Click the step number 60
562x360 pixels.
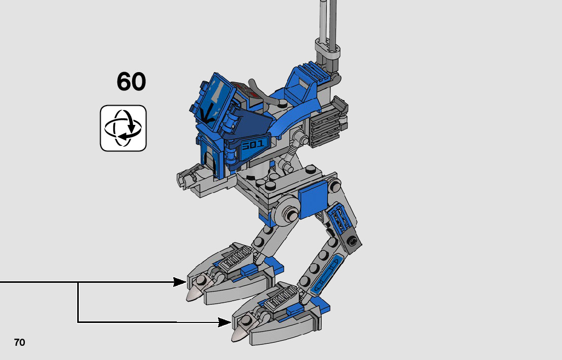click(131, 81)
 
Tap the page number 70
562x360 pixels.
click(20, 342)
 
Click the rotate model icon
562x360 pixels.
click(123, 128)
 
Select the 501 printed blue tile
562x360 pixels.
click(253, 145)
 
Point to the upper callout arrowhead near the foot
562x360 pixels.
click(179, 282)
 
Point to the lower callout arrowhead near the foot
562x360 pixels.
click(225, 322)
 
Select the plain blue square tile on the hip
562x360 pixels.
click(313, 199)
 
